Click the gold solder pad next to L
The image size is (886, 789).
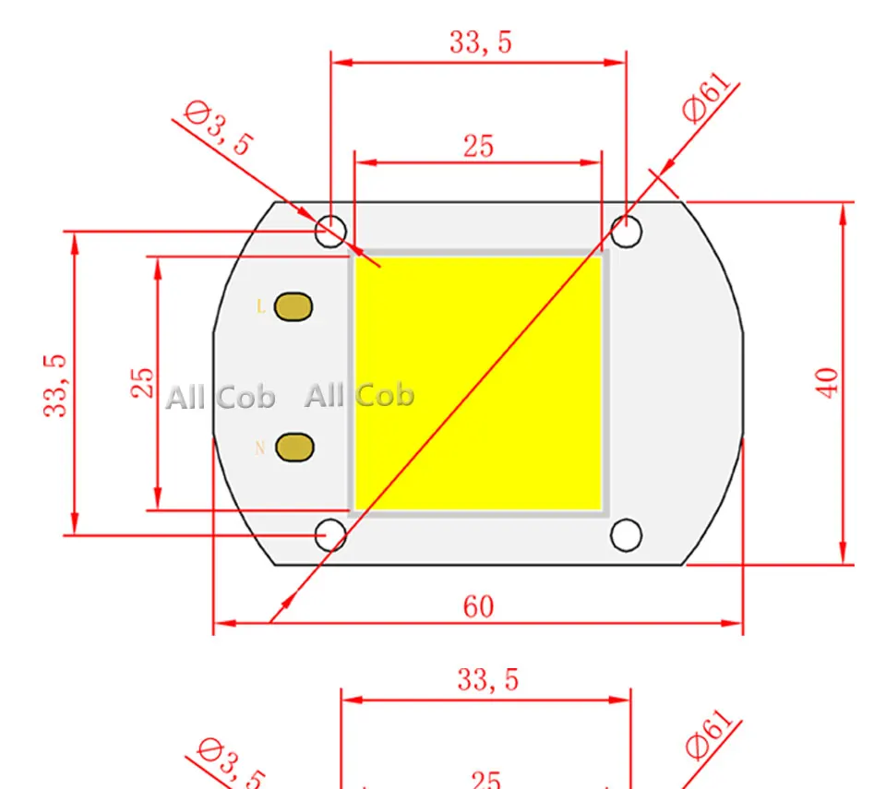[293, 307]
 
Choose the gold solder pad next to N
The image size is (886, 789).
[294, 448]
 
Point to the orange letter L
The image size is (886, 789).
[260, 306]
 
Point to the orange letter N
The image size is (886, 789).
[260, 448]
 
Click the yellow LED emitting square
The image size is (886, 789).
[478, 383]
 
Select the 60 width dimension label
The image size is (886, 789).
[478, 607]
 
